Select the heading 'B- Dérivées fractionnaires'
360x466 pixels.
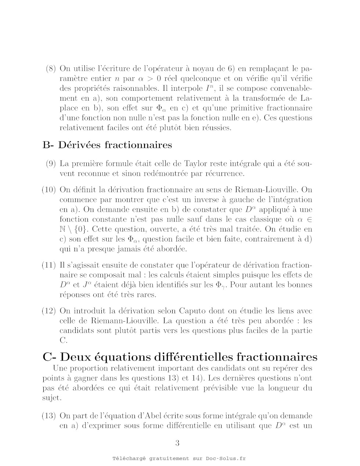107,145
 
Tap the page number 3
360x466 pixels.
177,443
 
